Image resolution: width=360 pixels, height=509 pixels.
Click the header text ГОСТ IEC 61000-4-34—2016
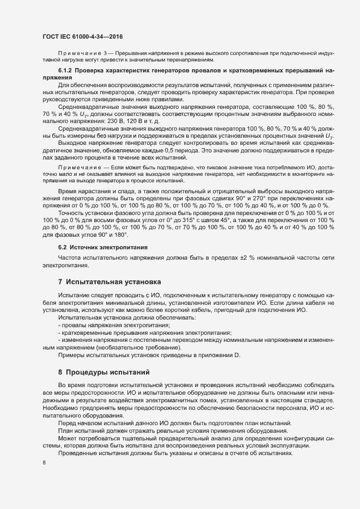82,36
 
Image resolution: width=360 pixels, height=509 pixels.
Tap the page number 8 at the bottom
44,463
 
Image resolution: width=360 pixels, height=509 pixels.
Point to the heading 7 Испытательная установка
109,282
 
